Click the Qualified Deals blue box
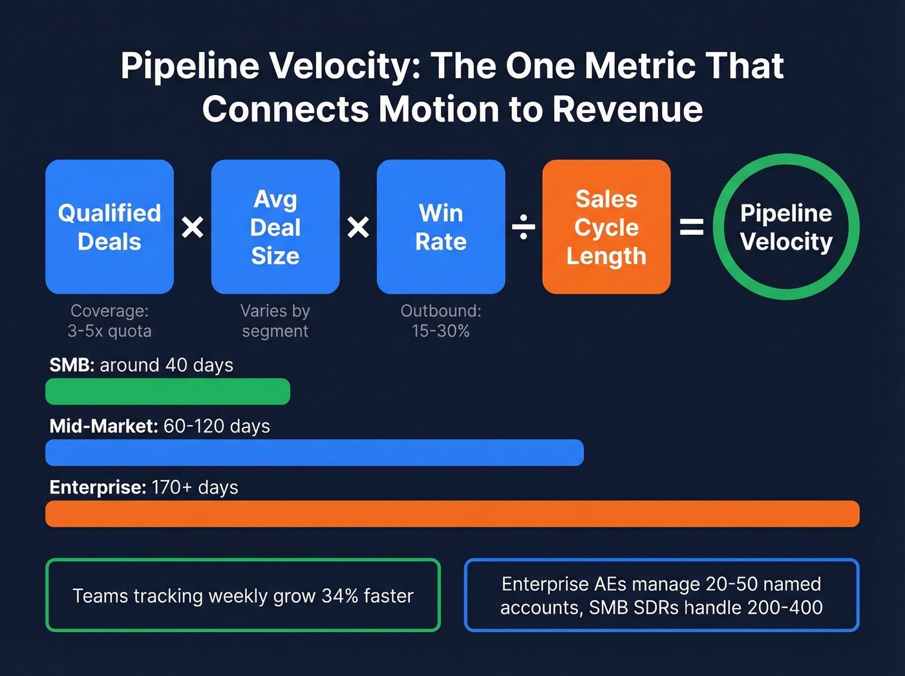pyautogui.click(x=109, y=227)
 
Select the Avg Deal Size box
pyautogui.click(x=275, y=227)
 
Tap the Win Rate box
pyautogui.click(x=441, y=227)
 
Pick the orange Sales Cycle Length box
pyautogui.click(x=606, y=227)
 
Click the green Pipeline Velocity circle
pyautogui.click(x=786, y=227)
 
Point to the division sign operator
pyautogui.click(x=524, y=227)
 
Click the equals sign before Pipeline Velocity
pyautogui.click(x=692, y=227)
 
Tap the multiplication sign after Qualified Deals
pyautogui.click(x=193, y=227)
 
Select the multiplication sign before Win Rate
pyautogui.click(x=358, y=227)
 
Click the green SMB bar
pyautogui.click(x=167, y=391)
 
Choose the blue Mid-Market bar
pyautogui.click(x=314, y=453)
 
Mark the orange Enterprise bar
pyautogui.click(x=452, y=514)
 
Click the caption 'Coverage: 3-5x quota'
pyautogui.click(x=109, y=321)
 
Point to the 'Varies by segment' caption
pyautogui.click(x=275, y=321)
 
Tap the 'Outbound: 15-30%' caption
pyautogui.click(x=441, y=321)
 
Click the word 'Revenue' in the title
pyautogui.click(x=628, y=109)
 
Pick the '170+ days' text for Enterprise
pyautogui.click(x=195, y=487)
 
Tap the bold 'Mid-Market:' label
pyautogui.click(x=103, y=426)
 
